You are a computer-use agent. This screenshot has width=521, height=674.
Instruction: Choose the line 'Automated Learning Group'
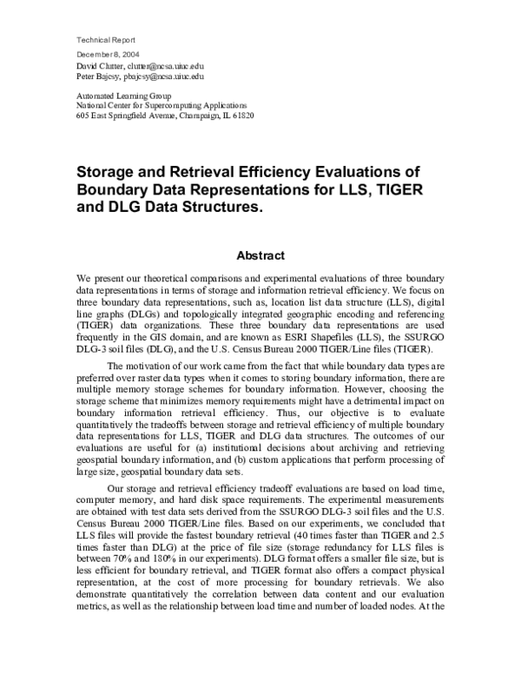[x=124, y=95]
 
